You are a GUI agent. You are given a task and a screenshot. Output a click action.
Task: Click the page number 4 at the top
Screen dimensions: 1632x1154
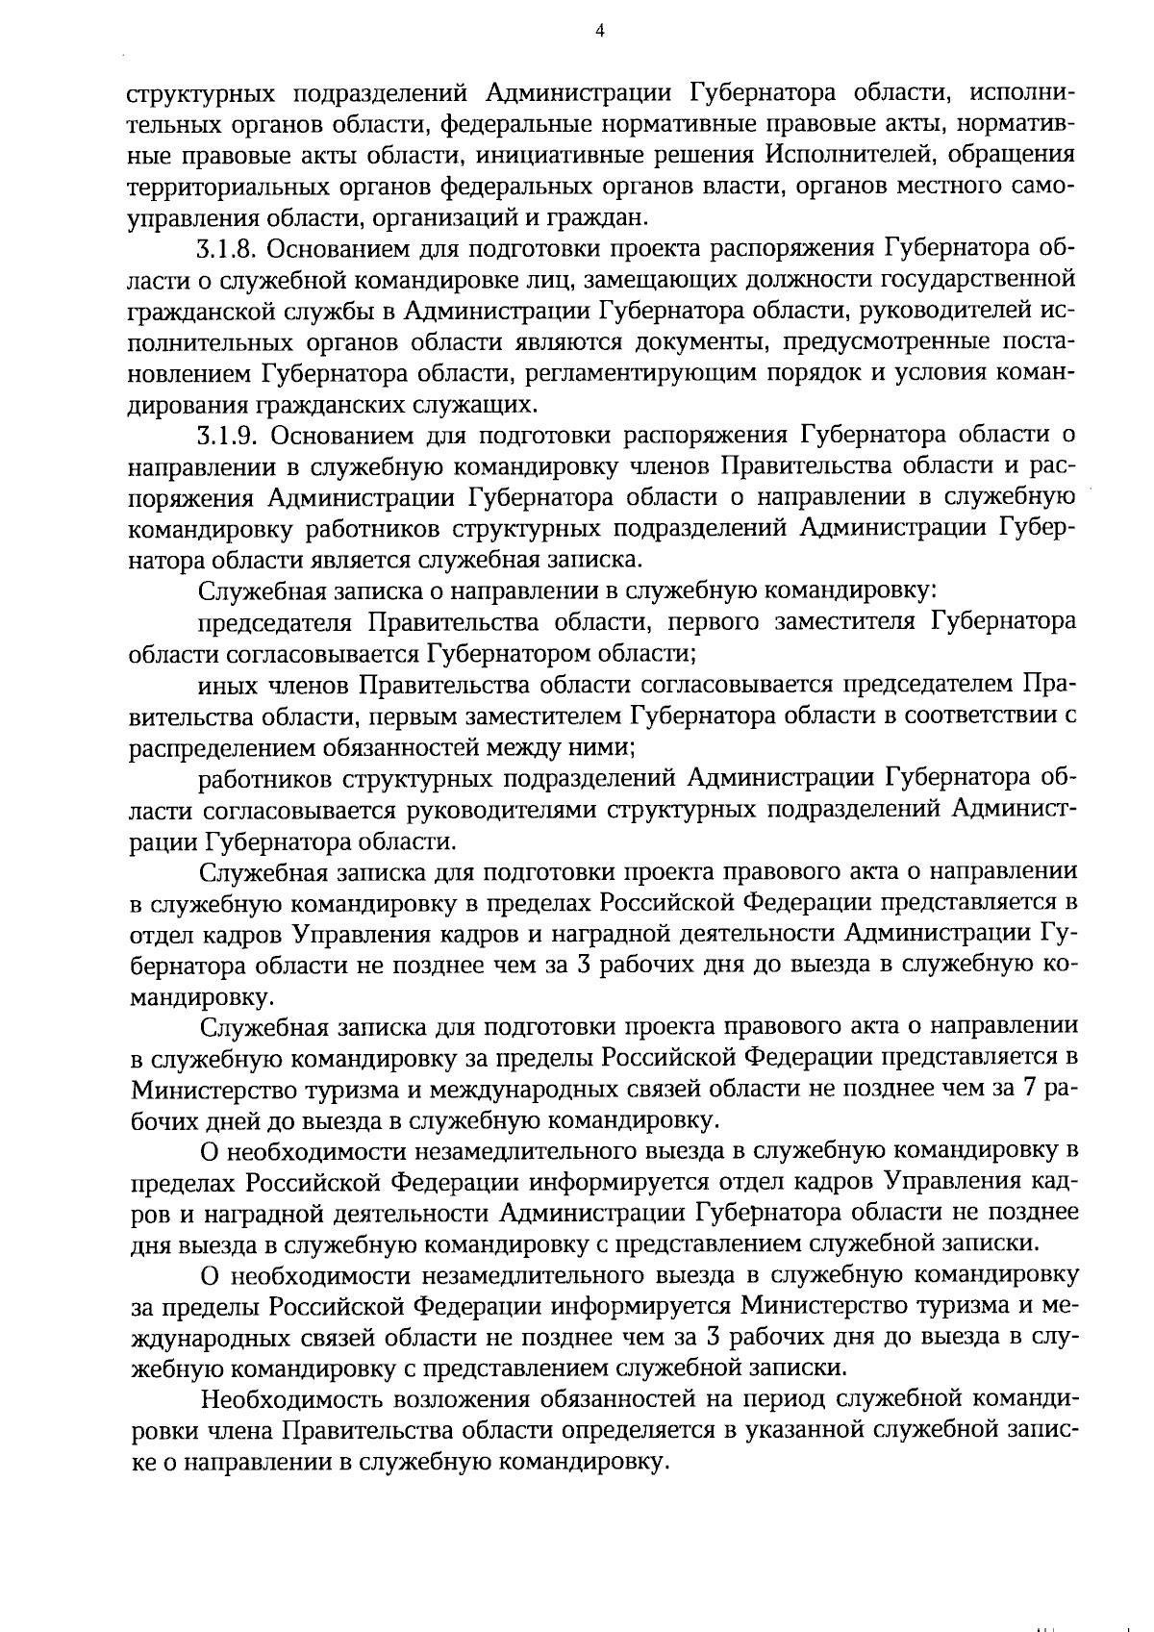click(599, 31)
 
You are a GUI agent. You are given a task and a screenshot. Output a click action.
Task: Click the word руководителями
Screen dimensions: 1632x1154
click(504, 811)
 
